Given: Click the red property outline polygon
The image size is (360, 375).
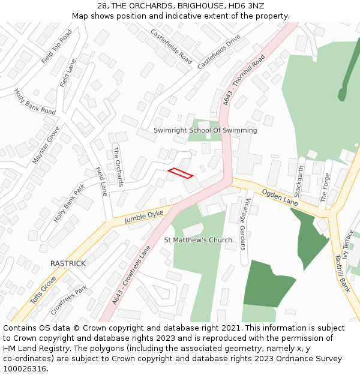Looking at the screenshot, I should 181,173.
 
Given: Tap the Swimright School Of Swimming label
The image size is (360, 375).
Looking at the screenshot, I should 205,130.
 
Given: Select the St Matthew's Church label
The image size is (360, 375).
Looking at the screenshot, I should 198,240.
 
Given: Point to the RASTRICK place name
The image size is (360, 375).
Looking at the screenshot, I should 68,263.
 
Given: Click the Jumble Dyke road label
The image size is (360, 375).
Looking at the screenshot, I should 143,217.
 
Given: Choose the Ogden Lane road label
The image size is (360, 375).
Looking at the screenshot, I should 279,197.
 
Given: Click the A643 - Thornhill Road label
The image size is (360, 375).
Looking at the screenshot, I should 244,81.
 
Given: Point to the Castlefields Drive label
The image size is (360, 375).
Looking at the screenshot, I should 218,51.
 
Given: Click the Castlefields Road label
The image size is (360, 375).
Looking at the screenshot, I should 172,46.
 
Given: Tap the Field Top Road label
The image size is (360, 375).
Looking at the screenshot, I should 56,47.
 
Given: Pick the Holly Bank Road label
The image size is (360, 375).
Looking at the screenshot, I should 35,102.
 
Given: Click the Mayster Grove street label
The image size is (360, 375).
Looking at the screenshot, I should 46,145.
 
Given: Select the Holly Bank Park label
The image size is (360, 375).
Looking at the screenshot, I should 69,203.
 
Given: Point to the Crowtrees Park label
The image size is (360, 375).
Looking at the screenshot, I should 69,300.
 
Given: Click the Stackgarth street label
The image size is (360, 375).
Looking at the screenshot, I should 300,181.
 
